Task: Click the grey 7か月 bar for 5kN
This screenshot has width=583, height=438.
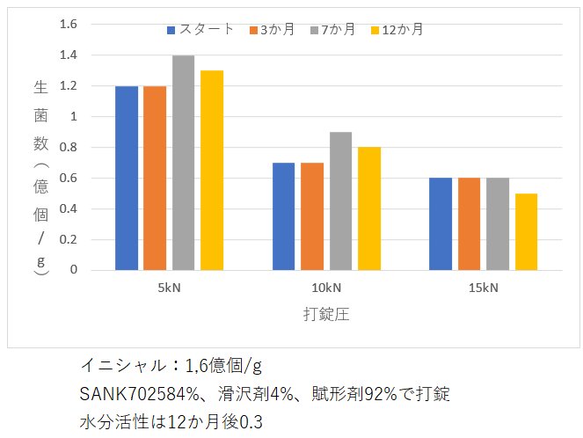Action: tap(183, 163)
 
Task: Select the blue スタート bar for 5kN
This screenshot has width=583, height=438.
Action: tap(127, 178)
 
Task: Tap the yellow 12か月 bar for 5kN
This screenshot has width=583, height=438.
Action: tap(212, 171)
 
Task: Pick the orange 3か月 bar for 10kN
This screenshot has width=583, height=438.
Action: tap(312, 216)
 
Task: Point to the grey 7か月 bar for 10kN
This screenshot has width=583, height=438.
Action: tap(340, 201)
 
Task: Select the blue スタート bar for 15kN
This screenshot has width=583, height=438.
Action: tap(441, 224)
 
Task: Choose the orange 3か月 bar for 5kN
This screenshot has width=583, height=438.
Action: tap(155, 178)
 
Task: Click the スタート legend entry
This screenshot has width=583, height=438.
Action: tap(201, 29)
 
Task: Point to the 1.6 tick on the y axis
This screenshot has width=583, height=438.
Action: tap(68, 24)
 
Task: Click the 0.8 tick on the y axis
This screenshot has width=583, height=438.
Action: tap(68, 147)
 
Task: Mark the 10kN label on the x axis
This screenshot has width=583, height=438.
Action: tap(325, 288)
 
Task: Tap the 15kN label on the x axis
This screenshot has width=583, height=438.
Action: tap(483, 288)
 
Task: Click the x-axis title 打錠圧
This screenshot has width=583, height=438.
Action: tap(326, 314)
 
